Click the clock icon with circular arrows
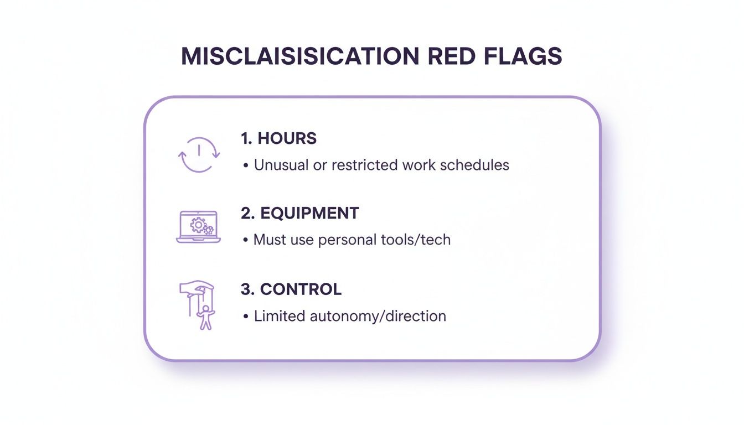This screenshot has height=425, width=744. coord(199,154)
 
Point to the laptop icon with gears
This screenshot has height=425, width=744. coord(198,227)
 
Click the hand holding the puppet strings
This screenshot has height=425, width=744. coord(197,288)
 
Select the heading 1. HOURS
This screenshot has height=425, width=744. coord(278,138)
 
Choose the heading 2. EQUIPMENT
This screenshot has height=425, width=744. coord(299,213)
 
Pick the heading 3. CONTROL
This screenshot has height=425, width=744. coord(291,289)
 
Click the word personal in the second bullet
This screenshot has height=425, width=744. coord(347,240)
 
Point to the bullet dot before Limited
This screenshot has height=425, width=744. coord(245,317)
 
